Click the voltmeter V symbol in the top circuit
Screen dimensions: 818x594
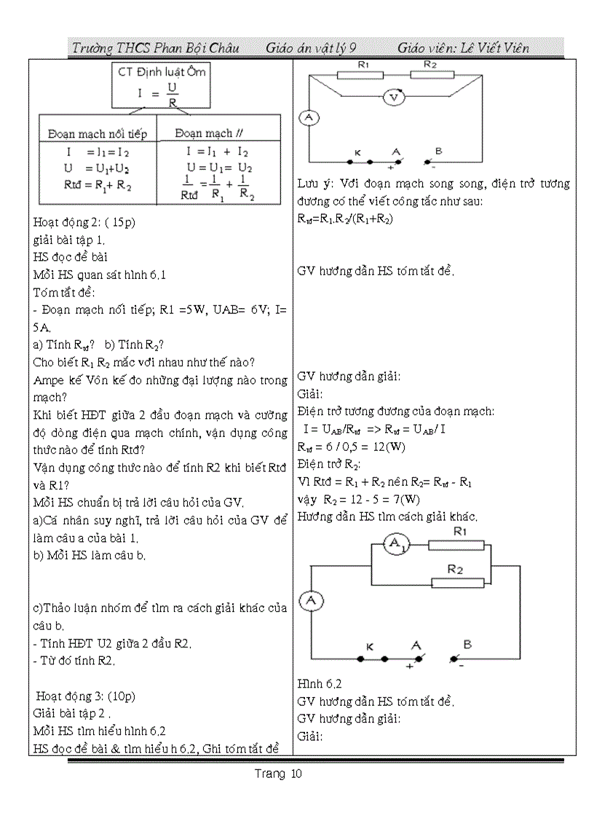tap(393, 98)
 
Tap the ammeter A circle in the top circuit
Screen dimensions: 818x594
tap(309, 119)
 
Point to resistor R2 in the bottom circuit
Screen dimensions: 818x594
tap(458, 582)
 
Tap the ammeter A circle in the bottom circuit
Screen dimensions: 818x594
tap(312, 600)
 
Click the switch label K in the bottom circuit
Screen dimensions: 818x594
tap(369, 645)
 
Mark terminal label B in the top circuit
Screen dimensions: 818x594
tap(438, 151)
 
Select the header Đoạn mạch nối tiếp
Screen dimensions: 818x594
tap(97, 133)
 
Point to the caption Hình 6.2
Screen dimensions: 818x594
tap(320, 684)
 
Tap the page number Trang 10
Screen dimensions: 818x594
tap(278, 774)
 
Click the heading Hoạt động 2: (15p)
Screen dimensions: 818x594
tap(84, 223)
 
